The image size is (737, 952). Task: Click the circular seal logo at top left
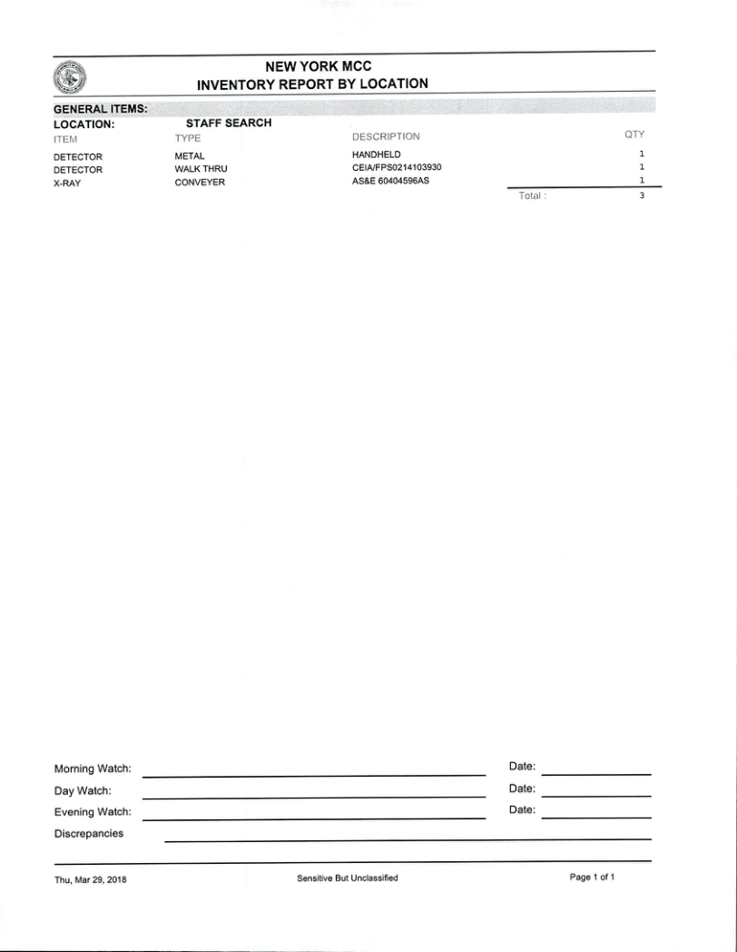(x=71, y=76)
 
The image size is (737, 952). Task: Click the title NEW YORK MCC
(x=318, y=66)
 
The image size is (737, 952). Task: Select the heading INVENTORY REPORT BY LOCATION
(x=312, y=84)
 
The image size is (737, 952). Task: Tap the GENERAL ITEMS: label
(x=101, y=109)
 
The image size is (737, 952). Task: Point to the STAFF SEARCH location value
(x=229, y=123)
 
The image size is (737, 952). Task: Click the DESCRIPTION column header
(x=386, y=137)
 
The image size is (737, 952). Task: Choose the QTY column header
(x=634, y=134)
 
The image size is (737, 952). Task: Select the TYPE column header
(x=188, y=138)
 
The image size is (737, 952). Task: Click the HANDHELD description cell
(x=376, y=155)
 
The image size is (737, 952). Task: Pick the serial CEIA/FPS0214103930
(x=397, y=168)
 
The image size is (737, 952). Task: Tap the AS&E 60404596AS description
(x=390, y=181)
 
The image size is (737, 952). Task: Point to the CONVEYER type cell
(x=200, y=183)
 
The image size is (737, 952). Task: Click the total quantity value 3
(x=641, y=196)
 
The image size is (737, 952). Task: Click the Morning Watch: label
(x=93, y=769)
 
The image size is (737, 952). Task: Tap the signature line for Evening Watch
(x=314, y=818)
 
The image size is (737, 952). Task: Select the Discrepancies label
(x=89, y=833)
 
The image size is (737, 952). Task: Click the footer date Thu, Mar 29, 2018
(x=91, y=879)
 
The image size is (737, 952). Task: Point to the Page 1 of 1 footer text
(x=593, y=878)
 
